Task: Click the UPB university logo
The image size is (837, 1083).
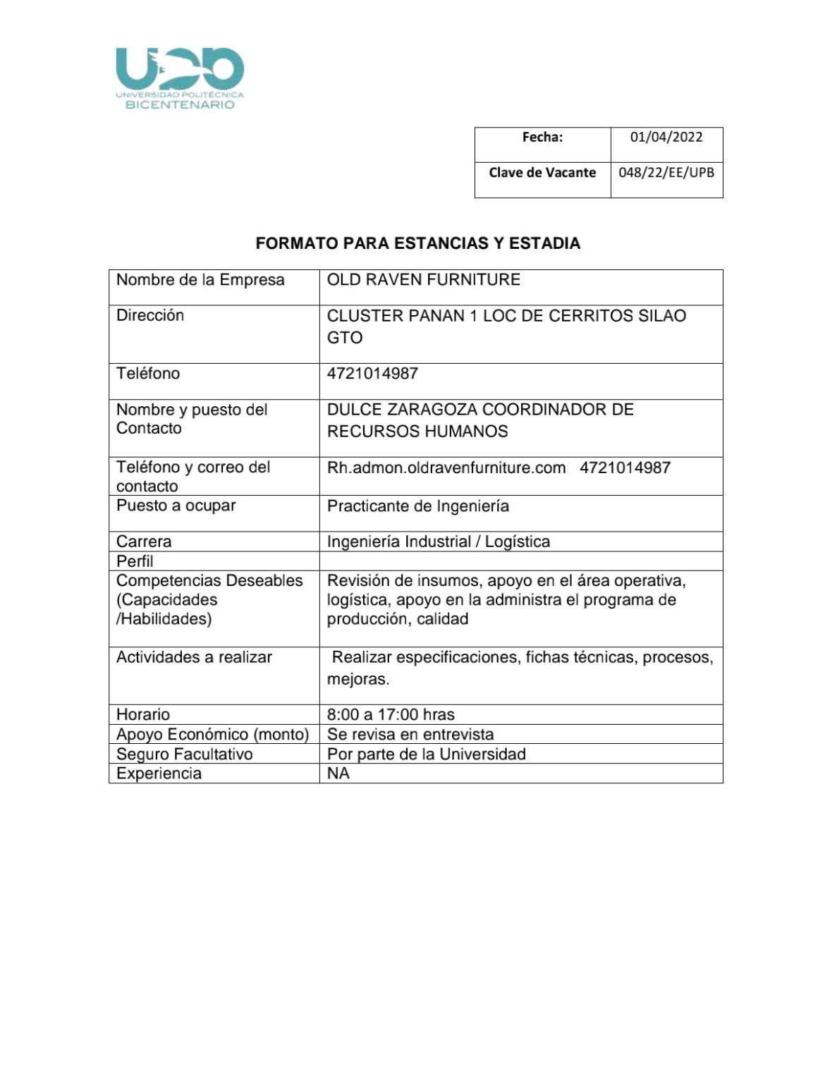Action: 179,78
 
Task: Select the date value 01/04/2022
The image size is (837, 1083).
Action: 666,137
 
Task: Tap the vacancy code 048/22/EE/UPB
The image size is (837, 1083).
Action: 666,173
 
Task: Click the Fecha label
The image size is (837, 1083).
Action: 542,137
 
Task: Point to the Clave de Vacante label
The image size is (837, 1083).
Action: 542,173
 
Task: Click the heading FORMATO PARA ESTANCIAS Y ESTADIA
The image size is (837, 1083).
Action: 417,244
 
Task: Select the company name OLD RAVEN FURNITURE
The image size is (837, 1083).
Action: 423,280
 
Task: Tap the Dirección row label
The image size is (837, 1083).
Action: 150,316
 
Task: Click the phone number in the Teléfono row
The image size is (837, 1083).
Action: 372,374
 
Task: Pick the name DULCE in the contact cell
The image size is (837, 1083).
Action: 353,410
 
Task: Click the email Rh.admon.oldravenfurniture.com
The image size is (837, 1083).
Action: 446,467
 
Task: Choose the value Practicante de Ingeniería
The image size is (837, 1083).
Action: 417,506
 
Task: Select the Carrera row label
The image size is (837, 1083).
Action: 144,541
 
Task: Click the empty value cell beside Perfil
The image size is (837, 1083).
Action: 520,561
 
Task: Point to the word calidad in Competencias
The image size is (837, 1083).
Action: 442,619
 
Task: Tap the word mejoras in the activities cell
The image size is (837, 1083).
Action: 357,680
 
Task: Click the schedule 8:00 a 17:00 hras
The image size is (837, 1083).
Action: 391,714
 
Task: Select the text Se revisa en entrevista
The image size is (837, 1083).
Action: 410,734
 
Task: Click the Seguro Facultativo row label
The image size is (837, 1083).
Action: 184,754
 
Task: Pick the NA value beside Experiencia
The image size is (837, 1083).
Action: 338,773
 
